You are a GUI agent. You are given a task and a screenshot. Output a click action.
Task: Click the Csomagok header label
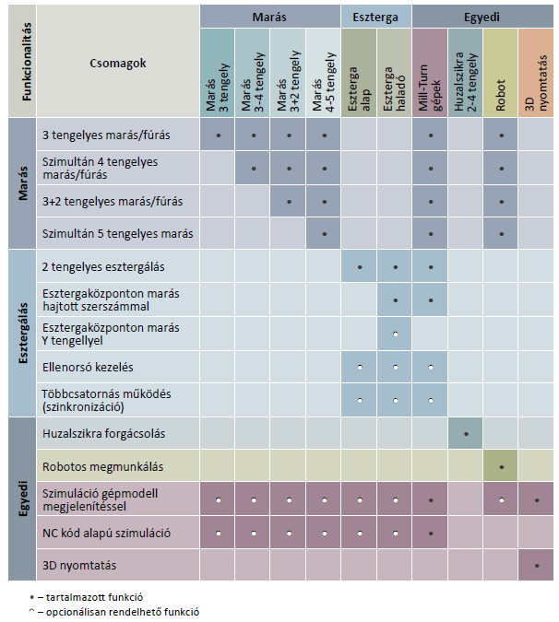pos(119,64)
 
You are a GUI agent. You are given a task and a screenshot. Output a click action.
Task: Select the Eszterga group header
pos(375,16)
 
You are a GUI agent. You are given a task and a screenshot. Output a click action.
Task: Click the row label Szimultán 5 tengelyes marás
pos(118,233)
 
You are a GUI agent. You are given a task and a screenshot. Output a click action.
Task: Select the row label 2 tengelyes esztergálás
pos(103,266)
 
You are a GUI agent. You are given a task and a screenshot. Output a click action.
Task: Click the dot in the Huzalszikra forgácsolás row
pos(466,433)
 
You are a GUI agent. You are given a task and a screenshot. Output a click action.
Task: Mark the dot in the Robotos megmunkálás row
pos(501,466)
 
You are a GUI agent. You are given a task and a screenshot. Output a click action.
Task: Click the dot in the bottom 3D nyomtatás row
pos(537,566)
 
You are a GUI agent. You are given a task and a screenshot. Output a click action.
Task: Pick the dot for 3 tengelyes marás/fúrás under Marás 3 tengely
pos(218,135)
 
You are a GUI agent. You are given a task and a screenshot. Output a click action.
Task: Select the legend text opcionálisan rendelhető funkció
pos(118,610)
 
